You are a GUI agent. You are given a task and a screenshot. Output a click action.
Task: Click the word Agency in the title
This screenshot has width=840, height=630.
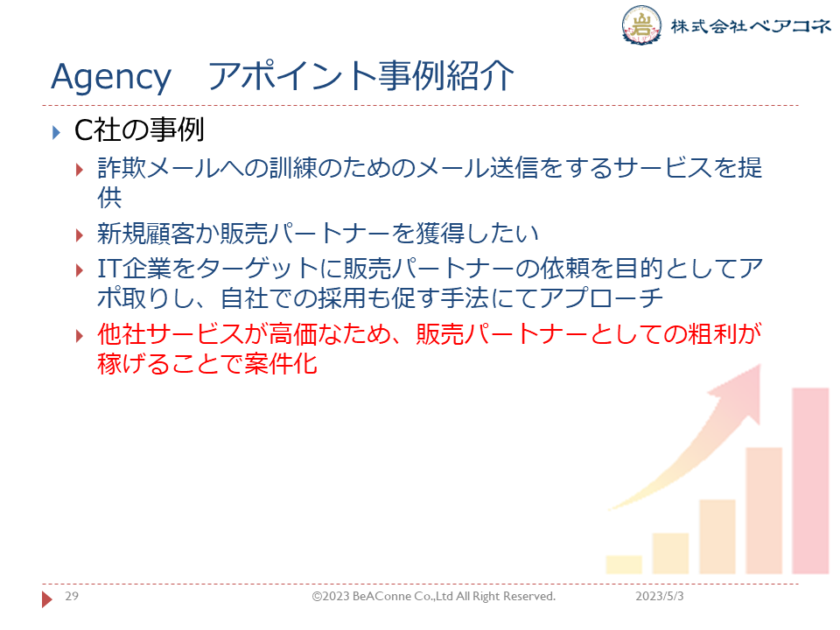[x=111, y=78]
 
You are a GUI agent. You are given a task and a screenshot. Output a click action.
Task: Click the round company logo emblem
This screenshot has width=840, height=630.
[x=641, y=24]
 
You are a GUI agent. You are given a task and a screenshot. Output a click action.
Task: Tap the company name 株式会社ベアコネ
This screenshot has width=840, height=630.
[x=751, y=25]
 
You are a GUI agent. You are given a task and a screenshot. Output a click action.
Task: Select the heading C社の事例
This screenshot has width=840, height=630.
[x=139, y=130]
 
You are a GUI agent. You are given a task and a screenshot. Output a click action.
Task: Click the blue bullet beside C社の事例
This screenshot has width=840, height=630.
[x=56, y=132]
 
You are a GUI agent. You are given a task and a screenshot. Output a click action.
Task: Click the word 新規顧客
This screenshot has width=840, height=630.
[x=146, y=234]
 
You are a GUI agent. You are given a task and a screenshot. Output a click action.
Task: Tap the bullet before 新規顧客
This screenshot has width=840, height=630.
[x=80, y=234]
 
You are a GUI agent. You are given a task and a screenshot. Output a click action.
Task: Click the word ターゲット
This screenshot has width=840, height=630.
[x=258, y=269]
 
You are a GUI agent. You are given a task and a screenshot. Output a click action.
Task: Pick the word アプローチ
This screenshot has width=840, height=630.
[x=601, y=298]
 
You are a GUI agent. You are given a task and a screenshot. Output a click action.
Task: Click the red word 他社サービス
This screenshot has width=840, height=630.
[x=171, y=334]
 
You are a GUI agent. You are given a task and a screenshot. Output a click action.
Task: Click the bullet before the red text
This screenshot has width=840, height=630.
[x=80, y=336]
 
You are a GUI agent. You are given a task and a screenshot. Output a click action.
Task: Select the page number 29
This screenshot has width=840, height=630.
[x=72, y=596]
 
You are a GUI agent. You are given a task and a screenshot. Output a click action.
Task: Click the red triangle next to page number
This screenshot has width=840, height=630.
[x=47, y=598]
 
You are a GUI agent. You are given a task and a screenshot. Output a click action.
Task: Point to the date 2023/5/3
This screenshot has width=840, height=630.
[x=660, y=596]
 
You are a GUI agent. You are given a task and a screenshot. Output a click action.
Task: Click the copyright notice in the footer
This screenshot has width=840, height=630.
[x=434, y=596]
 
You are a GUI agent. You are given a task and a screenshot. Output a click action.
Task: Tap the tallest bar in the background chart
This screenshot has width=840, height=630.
[x=810, y=481]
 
